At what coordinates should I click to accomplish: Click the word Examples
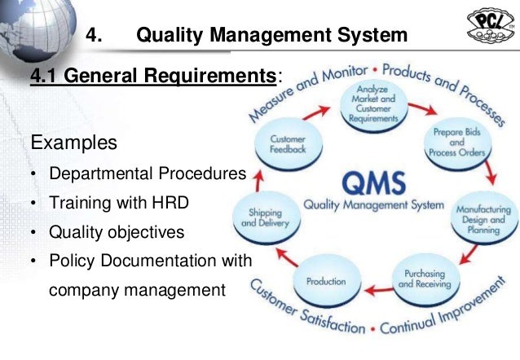[x=73, y=143]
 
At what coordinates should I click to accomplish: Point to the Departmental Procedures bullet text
[x=148, y=174]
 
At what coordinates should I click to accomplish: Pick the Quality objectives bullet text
[x=117, y=233]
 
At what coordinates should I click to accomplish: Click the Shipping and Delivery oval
[x=263, y=217]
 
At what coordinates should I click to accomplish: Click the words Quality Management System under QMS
[x=375, y=204]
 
